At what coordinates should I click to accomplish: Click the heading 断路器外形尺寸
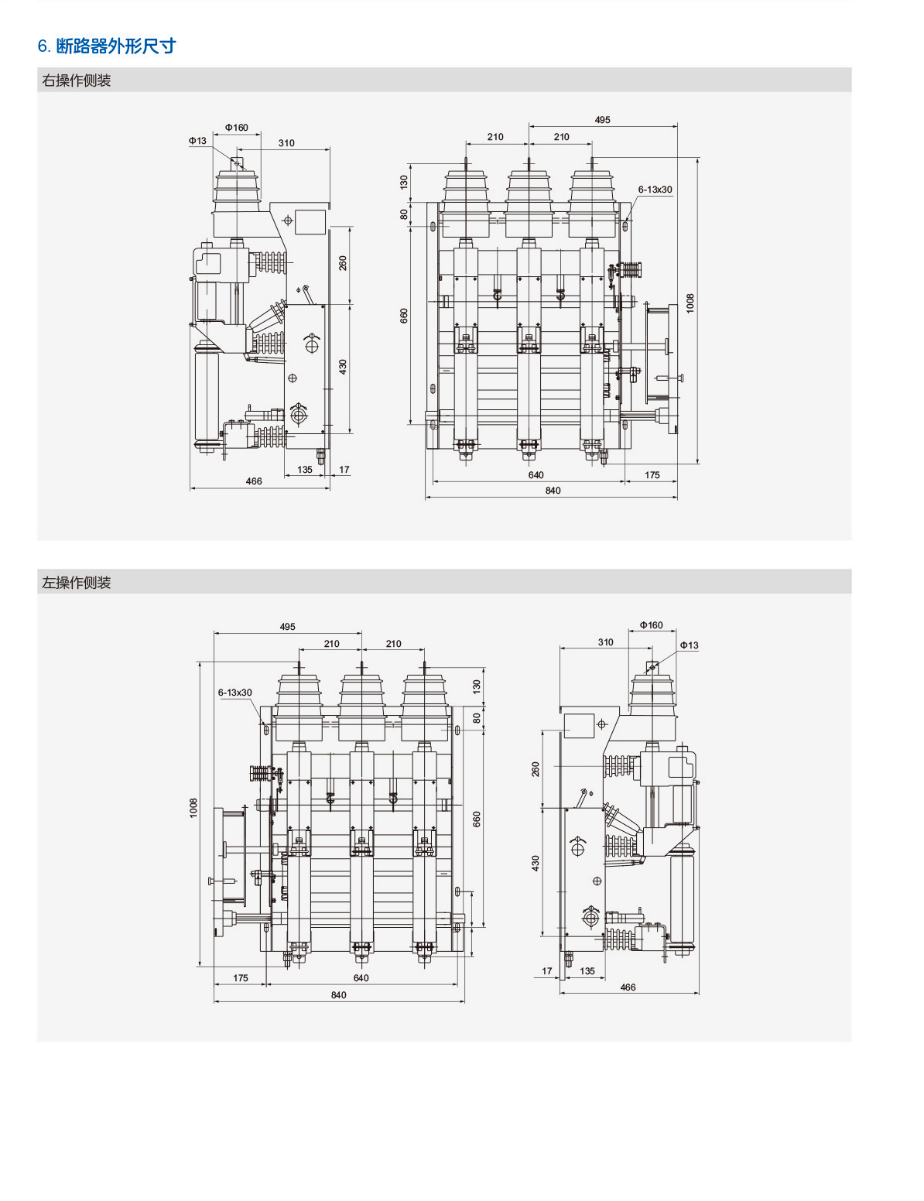(115, 46)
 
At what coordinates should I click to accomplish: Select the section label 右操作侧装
(77, 80)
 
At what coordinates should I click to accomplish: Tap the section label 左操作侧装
(77, 583)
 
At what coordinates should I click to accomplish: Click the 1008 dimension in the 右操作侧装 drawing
(690, 303)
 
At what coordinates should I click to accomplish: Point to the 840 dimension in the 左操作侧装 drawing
(339, 995)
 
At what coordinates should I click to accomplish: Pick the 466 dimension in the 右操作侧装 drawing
(254, 481)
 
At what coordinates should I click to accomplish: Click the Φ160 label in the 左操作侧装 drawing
(651, 625)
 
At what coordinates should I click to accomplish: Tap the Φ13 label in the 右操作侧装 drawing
(197, 141)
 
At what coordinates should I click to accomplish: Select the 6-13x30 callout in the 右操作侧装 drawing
(655, 190)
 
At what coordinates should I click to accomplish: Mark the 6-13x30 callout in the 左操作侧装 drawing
(234, 693)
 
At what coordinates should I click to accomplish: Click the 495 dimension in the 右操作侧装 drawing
(602, 120)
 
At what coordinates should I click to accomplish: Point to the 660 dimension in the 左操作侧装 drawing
(477, 819)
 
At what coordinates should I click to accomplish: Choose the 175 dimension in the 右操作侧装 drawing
(652, 475)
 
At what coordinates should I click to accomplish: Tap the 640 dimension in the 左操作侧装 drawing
(361, 978)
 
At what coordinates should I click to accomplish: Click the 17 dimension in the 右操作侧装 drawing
(344, 470)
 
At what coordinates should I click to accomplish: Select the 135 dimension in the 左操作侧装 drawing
(587, 971)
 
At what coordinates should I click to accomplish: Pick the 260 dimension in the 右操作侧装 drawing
(343, 263)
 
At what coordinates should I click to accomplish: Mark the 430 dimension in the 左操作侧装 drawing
(536, 863)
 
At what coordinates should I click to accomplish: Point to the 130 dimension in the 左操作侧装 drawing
(477, 686)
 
